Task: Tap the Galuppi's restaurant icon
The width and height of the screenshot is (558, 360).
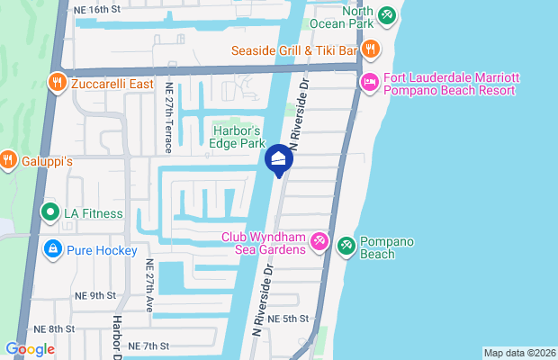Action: click(x=8, y=160)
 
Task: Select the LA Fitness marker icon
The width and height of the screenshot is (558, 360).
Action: click(x=50, y=213)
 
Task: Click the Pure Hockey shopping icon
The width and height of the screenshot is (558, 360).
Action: click(x=53, y=249)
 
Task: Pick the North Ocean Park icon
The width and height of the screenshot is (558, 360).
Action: click(x=386, y=15)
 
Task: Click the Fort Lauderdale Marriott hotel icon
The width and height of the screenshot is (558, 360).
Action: click(x=369, y=82)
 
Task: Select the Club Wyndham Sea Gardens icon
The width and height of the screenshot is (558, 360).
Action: click(x=319, y=242)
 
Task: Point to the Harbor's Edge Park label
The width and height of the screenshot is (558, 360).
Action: click(x=237, y=136)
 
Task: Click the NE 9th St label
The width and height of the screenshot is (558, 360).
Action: click(x=98, y=295)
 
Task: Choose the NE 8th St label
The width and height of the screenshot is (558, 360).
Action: click(x=54, y=329)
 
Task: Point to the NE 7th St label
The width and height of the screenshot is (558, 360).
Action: click(x=148, y=346)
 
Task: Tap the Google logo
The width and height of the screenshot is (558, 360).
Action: click(x=30, y=349)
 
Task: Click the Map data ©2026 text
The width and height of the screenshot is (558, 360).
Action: click(x=518, y=352)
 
